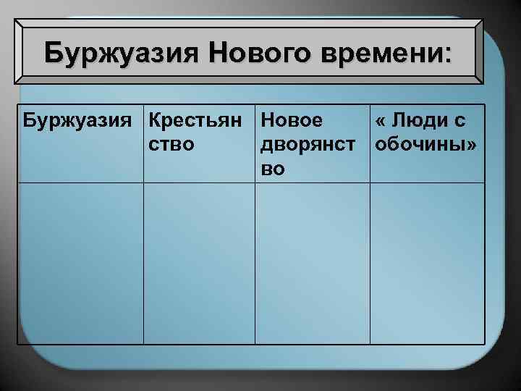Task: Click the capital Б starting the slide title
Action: [52, 53]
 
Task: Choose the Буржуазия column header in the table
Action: [80, 120]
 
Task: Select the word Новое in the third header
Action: [292, 120]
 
